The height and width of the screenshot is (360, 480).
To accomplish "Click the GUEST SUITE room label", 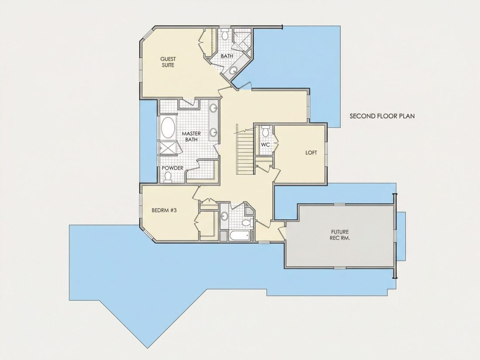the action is pyautogui.click(x=168, y=62).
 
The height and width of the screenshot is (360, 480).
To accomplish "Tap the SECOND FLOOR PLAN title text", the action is pyautogui.click(x=382, y=116).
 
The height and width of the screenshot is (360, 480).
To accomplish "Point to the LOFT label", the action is pyautogui.click(x=311, y=152).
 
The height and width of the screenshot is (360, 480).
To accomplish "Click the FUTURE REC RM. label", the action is pyautogui.click(x=339, y=235).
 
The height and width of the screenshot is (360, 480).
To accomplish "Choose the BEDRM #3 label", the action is pyautogui.click(x=164, y=210).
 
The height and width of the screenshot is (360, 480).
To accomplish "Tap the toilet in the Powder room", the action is pyautogui.click(x=168, y=177).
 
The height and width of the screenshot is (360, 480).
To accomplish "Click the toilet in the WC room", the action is pyautogui.click(x=265, y=130).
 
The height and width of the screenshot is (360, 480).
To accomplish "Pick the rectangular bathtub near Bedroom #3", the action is pyautogui.click(x=239, y=236).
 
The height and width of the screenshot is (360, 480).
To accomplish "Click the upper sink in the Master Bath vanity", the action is pyautogui.click(x=213, y=108).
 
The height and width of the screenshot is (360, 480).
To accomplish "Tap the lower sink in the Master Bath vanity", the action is pyautogui.click(x=213, y=132).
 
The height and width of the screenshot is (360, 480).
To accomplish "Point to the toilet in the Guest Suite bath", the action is pyautogui.click(x=225, y=34).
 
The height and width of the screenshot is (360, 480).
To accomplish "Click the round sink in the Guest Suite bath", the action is pyautogui.click(x=233, y=71).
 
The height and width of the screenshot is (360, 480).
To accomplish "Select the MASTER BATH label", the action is pyautogui.click(x=191, y=137).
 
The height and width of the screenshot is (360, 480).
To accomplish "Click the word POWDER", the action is pyautogui.click(x=172, y=168).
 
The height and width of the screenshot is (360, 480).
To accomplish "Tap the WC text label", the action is pyautogui.click(x=265, y=144).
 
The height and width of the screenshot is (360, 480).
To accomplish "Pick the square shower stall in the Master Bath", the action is pyautogui.click(x=168, y=148).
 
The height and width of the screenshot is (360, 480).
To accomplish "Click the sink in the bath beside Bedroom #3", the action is pyautogui.click(x=224, y=216).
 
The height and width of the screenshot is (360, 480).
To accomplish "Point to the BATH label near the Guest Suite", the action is pyautogui.click(x=227, y=56).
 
